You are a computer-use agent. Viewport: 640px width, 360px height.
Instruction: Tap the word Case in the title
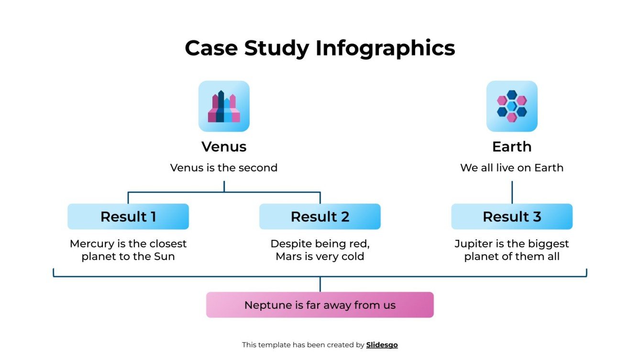pos(211,48)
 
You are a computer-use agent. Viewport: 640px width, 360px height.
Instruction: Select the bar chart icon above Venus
pos(224,106)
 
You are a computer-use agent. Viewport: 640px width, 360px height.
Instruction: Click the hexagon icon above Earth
pos(512,106)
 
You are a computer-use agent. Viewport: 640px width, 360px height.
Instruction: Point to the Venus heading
pos(224,146)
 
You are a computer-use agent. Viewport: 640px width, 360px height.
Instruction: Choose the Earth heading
pos(512,146)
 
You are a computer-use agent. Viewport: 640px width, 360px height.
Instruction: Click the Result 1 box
pos(128,217)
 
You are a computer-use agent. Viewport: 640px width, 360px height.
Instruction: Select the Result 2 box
pos(320,217)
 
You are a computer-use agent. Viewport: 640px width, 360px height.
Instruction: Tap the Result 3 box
pos(512,217)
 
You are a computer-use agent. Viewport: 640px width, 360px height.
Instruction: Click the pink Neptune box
pos(320,305)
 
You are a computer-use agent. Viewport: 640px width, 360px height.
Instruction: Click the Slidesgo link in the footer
pos(382,345)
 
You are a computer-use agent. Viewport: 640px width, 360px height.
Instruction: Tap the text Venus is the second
pos(224,168)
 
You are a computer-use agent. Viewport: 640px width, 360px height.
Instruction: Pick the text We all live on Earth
pos(512,168)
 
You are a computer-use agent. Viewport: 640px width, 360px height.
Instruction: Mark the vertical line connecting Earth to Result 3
pos(512,192)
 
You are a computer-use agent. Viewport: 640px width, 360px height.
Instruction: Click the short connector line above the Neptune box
pos(320,284)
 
